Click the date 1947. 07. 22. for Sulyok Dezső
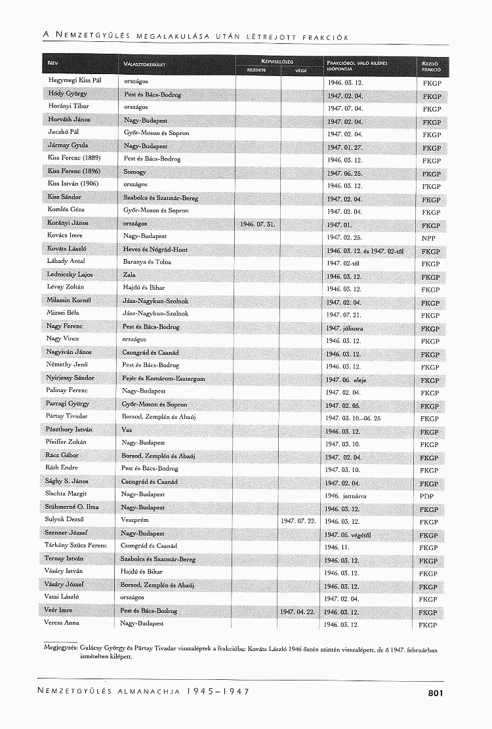coord(298,521)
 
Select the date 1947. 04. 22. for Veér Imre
coord(298,612)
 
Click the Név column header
coord(53,64)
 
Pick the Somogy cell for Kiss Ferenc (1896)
coord(134,172)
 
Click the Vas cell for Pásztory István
coord(127,430)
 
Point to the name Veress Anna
coord(62,623)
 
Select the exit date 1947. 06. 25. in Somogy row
coord(344,174)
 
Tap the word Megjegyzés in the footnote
coord(60,646)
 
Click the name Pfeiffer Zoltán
coord(67,442)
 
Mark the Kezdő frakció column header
coord(431,64)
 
